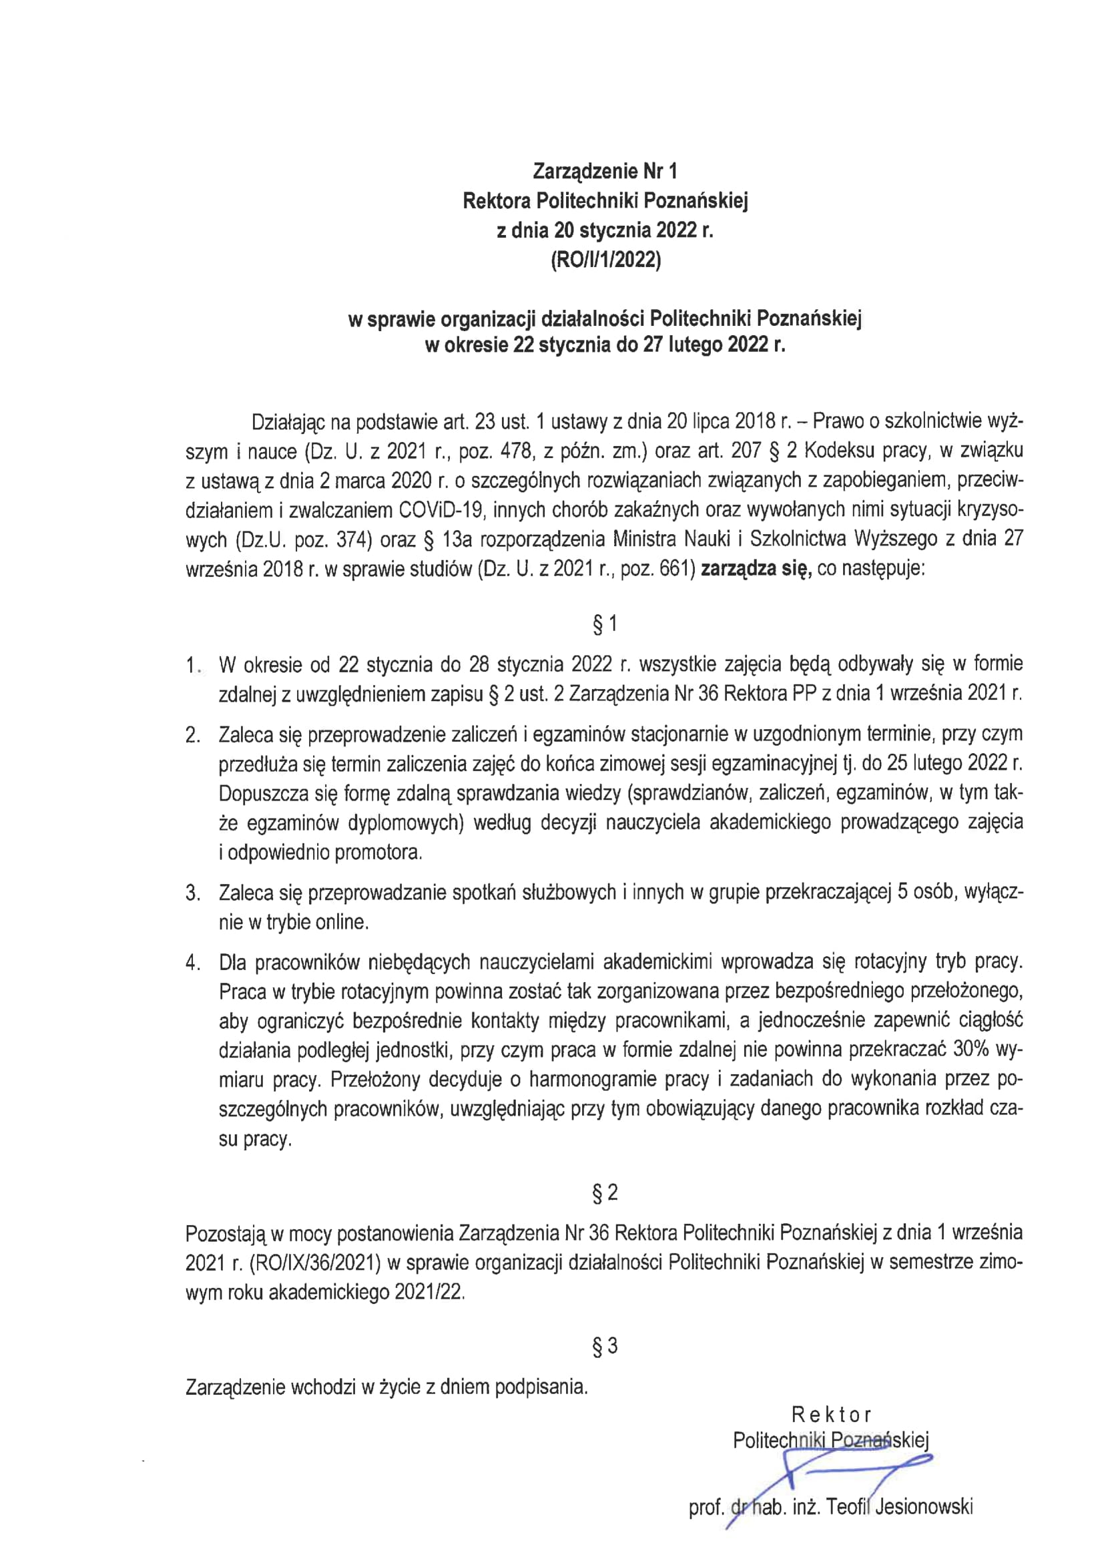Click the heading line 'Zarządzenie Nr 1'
[x=605, y=170]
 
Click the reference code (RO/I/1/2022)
[x=605, y=262]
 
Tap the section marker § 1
[x=605, y=624]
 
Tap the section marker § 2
[x=605, y=1192]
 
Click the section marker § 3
[x=605, y=1346]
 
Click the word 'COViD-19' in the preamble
[x=437, y=510]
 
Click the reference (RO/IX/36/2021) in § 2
[x=315, y=1263]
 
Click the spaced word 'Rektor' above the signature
[x=832, y=1415]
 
